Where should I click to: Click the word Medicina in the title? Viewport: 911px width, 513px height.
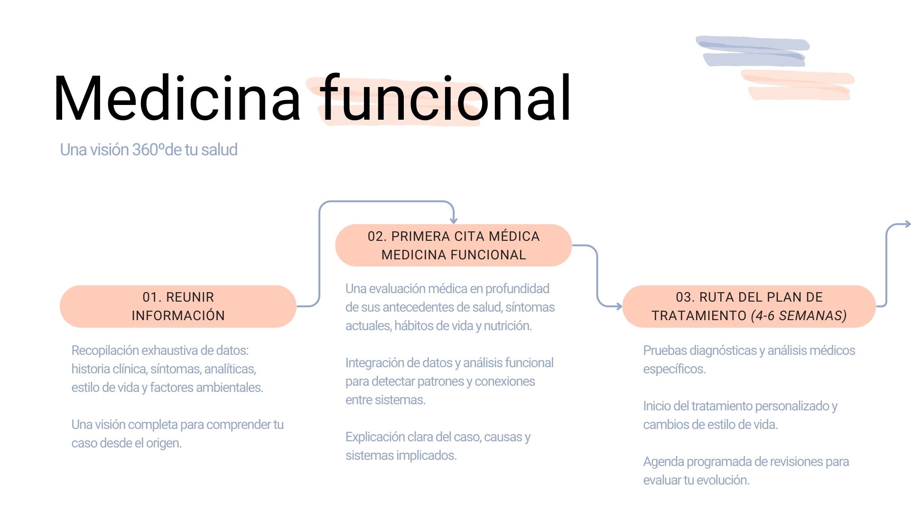tap(177, 99)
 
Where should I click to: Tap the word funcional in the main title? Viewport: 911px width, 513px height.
tap(445, 97)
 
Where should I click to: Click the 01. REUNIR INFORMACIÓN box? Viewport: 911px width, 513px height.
tap(178, 306)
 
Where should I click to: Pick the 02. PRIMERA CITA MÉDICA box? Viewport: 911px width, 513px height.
tap(454, 245)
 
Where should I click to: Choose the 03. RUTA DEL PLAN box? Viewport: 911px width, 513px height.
tap(749, 306)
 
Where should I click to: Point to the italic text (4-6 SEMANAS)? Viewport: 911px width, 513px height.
tap(799, 316)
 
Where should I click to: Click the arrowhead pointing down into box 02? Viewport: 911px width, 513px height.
tap(454, 220)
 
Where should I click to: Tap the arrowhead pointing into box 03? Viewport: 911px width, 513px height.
tap(618, 306)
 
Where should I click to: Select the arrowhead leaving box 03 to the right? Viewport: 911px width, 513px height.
tap(907, 224)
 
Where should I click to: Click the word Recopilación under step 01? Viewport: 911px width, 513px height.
tap(105, 351)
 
